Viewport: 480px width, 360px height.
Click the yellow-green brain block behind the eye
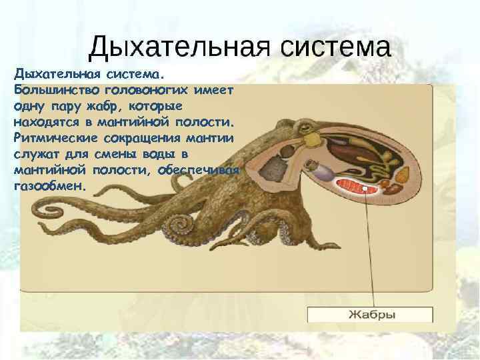point(311,139)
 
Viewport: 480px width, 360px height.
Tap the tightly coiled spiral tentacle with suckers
point(180,223)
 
